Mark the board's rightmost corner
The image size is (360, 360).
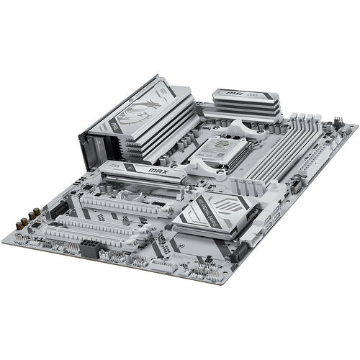pos(356,127)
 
